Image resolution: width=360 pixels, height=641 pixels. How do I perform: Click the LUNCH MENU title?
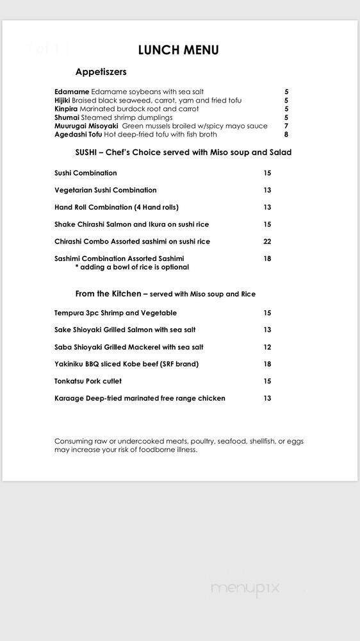click(x=178, y=50)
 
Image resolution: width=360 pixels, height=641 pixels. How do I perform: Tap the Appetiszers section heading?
click(x=101, y=72)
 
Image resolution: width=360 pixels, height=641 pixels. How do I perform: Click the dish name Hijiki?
click(x=63, y=101)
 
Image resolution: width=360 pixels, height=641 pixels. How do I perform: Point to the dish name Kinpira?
click(x=66, y=109)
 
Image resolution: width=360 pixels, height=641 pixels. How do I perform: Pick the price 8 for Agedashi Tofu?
click(x=286, y=135)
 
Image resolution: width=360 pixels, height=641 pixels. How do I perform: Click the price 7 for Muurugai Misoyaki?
click(x=286, y=126)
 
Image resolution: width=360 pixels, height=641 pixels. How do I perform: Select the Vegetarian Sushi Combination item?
click(x=106, y=190)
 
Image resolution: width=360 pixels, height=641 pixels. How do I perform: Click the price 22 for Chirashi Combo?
click(x=267, y=242)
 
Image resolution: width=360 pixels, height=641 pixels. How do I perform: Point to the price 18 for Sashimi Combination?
click(x=267, y=259)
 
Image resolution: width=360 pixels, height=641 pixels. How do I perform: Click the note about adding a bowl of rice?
click(x=132, y=267)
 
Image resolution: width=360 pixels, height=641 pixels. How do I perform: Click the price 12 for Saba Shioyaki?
click(x=267, y=347)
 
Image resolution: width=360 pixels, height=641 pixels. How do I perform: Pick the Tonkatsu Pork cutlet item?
click(x=88, y=381)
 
